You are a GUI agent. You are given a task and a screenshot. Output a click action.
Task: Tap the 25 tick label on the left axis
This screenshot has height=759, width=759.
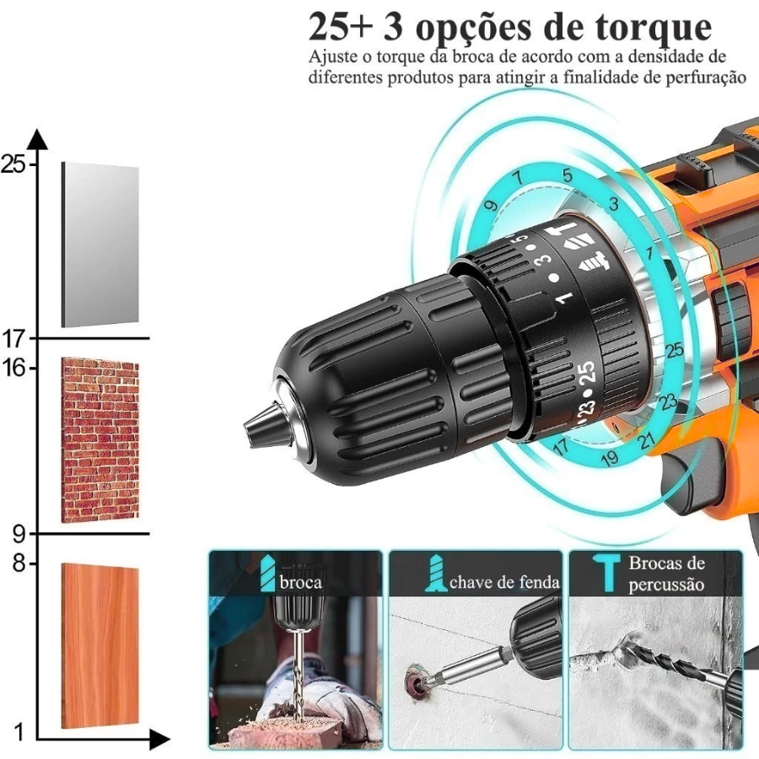click(x=13, y=164)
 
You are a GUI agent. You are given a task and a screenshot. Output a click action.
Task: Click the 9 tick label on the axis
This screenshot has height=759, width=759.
click(x=19, y=535)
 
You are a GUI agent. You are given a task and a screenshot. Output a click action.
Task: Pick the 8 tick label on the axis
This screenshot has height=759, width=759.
click(x=19, y=564)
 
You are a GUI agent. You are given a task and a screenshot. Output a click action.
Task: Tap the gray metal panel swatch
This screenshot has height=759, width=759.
click(x=100, y=245)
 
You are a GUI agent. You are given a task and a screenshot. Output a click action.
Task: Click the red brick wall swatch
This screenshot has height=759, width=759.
click(x=100, y=440)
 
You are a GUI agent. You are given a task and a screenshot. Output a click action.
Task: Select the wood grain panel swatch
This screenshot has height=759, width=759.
click(x=100, y=645)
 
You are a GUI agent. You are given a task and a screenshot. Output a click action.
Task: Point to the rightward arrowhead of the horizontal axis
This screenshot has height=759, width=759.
click(x=159, y=740)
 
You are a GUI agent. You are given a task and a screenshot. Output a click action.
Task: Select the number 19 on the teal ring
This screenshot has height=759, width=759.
click(x=610, y=457)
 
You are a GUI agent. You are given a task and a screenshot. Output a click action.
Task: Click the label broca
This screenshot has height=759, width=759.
click(x=300, y=582)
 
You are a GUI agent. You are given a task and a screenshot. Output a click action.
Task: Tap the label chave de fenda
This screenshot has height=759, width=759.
click(x=504, y=582)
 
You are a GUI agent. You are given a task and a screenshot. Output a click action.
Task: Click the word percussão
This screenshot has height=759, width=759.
click(x=666, y=584)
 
